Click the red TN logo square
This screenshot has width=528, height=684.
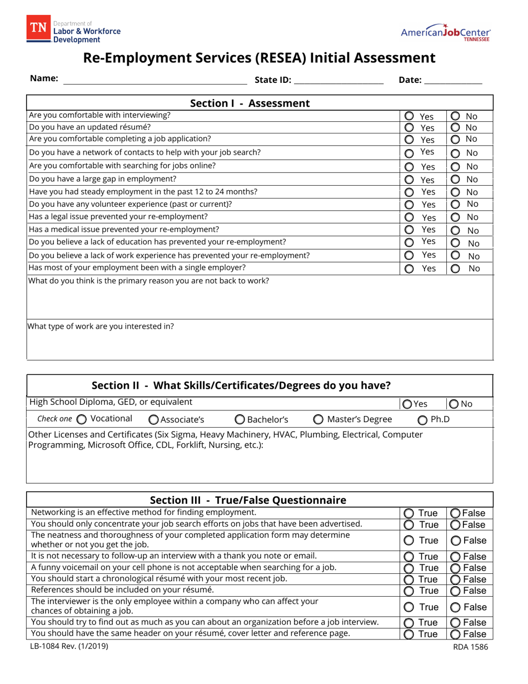[38, 29]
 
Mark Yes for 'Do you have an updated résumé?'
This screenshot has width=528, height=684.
[409, 127]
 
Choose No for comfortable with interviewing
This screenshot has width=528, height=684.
[455, 116]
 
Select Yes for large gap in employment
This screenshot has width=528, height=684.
[409, 180]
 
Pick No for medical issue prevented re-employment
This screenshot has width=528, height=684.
[455, 230]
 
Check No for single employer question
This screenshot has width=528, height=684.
[455, 269]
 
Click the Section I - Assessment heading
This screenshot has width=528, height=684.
[250, 103]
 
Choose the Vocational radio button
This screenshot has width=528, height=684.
[81, 419]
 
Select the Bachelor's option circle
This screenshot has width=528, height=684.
[239, 419]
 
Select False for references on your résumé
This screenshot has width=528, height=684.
[455, 591]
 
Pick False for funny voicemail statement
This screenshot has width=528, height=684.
[455, 568]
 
